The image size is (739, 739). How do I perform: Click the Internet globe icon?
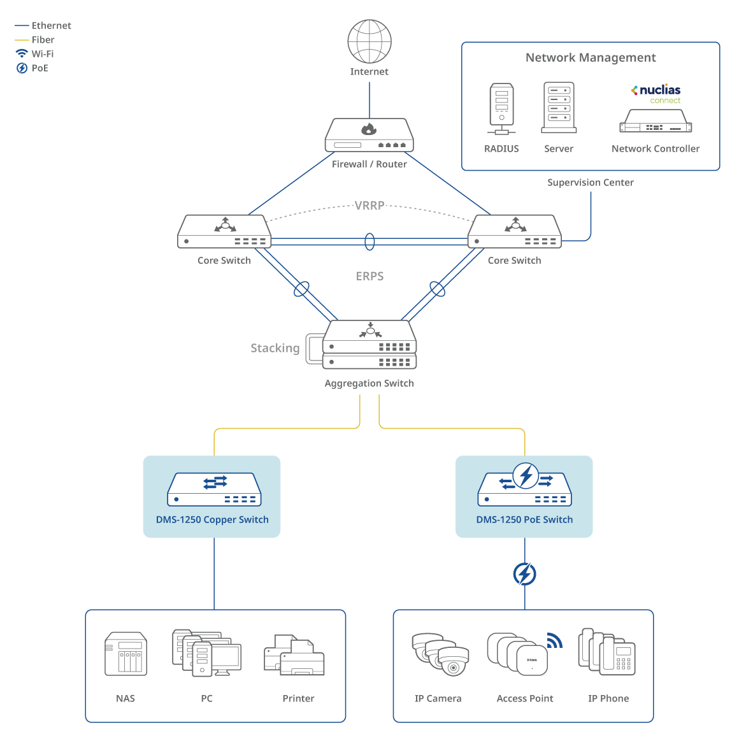tap(369, 41)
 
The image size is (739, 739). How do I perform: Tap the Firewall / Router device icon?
tap(369, 135)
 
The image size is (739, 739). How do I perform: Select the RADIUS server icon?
tap(501, 108)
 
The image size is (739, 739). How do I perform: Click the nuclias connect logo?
tap(656, 94)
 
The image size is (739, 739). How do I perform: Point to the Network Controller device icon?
tap(656, 121)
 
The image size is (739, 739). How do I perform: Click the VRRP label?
tap(369, 206)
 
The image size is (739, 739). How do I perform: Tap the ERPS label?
tap(369, 276)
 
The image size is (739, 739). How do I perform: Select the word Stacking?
tap(275, 348)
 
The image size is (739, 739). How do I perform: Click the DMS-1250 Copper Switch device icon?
tap(214, 489)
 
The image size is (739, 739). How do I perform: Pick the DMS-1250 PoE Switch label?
tap(524, 520)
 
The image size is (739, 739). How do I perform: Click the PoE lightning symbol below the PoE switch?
tap(525, 574)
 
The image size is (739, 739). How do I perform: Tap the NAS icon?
tap(126, 654)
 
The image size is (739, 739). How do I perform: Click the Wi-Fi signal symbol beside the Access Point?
tap(555, 640)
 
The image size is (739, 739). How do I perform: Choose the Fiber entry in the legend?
tap(43, 39)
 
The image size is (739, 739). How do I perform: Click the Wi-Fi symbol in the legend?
tap(22, 54)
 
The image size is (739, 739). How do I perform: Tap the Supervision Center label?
tap(591, 183)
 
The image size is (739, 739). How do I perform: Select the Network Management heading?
tap(591, 58)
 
